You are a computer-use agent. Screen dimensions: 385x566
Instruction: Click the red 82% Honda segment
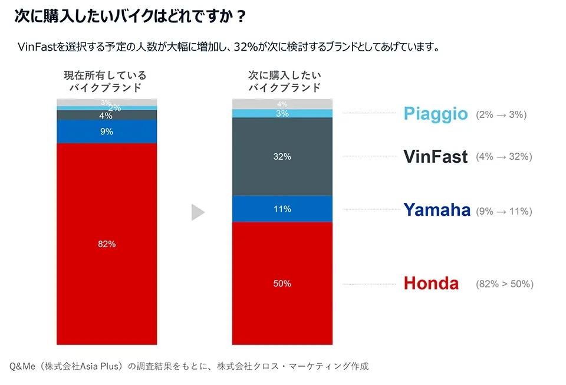coord(107,243)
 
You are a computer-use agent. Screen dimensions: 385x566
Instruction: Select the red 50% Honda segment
coord(282,283)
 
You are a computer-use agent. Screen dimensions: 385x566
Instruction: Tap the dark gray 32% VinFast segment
coord(282,157)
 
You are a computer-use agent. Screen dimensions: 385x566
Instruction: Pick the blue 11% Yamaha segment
coord(282,209)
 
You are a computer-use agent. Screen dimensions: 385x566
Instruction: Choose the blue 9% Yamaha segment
coord(107,131)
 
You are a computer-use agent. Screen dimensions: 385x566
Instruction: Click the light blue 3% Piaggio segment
coord(282,113)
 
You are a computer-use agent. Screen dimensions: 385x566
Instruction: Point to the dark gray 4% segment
coord(107,116)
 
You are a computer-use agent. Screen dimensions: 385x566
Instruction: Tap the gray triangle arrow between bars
coord(198,212)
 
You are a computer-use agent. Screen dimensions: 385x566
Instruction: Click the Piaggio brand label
coord(436,114)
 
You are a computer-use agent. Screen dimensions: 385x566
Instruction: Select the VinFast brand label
coord(436,156)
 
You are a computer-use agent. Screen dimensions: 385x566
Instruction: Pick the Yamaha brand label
coord(437,209)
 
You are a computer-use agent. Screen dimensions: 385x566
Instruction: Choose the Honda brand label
coord(431,284)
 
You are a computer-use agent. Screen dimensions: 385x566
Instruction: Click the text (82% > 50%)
coord(505,284)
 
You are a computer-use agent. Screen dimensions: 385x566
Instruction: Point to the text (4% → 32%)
coord(504,157)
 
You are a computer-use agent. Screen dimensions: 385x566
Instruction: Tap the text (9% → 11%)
coord(504,210)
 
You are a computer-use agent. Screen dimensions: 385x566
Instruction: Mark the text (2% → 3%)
coord(501,114)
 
